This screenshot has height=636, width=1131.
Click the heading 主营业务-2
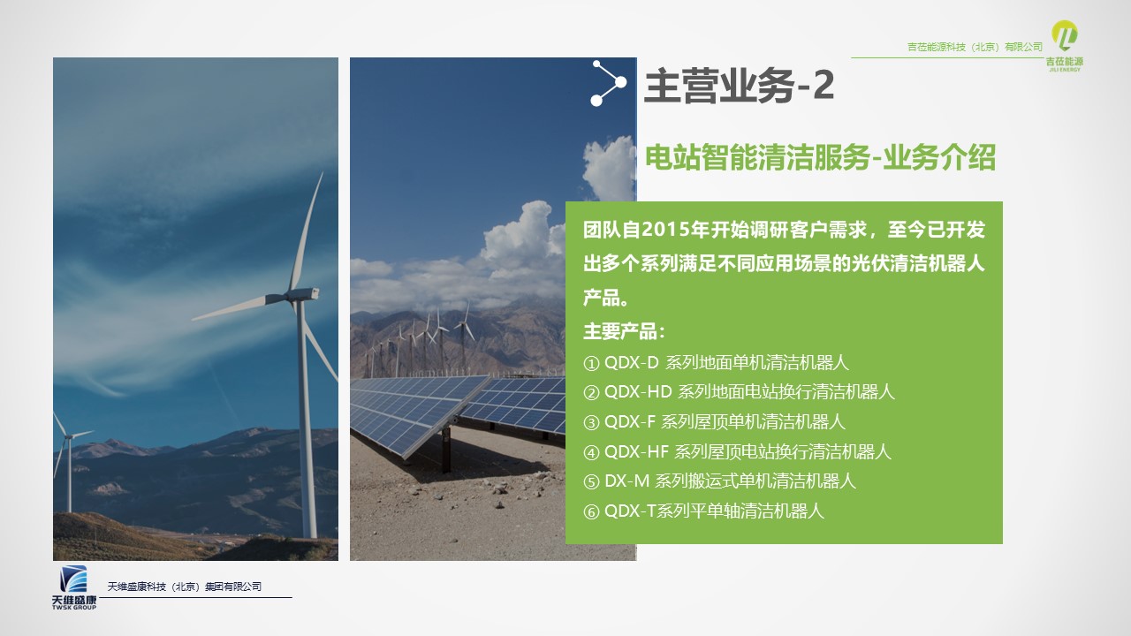(x=740, y=86)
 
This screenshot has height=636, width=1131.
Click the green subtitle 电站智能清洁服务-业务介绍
(x=821, y=157)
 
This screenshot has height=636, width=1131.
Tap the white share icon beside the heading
(x=609, y=83)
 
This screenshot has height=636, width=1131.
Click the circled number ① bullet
(x=591, y=363)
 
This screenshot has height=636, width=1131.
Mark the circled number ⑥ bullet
(x=591, y=511)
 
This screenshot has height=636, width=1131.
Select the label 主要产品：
(x=625, y=331)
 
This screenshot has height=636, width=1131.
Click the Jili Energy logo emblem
(x=1065, y=35)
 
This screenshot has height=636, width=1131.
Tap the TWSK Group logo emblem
(x=73, y=579)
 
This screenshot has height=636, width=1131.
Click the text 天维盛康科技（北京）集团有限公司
(x=185, y=587)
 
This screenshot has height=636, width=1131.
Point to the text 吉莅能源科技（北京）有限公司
(x=975, y=47)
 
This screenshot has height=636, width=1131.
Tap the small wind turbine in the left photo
(x=69, y=462)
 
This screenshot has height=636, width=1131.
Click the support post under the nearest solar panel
(x=446, y=450)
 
